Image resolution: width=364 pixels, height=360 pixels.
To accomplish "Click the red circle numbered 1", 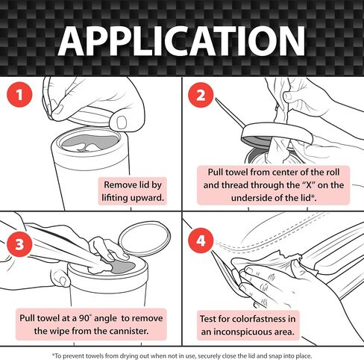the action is [19, 95].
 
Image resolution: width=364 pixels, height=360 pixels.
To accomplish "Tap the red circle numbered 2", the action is [201, 95].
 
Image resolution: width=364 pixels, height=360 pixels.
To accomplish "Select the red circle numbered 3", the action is [19, 244].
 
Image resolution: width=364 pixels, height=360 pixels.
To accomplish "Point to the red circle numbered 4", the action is [201, 240].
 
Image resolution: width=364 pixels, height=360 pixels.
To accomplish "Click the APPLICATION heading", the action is [182, 40].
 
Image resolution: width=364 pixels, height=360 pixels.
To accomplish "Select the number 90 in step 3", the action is [85, 318].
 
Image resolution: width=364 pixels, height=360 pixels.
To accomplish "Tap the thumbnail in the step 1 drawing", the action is [122, 122].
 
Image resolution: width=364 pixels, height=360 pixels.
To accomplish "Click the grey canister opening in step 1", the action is [90, 142].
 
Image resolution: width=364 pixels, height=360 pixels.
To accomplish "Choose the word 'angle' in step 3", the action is [105, 319].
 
